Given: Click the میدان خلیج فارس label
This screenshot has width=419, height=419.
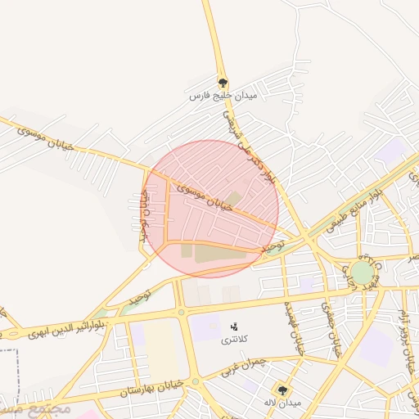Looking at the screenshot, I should tap(223, 97).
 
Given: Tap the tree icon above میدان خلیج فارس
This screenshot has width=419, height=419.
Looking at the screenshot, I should tap(223, 83).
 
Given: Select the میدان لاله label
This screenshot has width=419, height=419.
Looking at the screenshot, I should tap(283, 403).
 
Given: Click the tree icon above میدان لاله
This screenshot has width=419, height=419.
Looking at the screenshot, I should tap(283, 390).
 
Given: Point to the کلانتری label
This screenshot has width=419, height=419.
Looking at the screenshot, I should tap(236, 339).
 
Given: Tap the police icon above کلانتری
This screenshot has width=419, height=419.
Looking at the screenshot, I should tap(236, 327).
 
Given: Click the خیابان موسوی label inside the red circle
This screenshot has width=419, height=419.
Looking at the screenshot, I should tap(205, 197).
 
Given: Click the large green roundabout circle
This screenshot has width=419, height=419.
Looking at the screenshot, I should tap(363, 272).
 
